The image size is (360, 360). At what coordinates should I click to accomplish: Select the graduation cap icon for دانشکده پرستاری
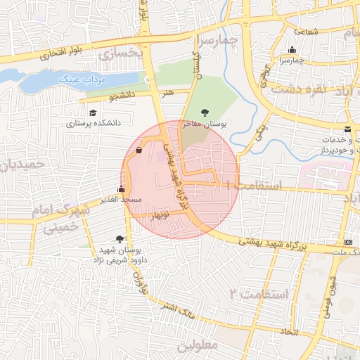tap(94, 112)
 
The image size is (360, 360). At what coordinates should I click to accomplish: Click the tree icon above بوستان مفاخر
tap(205, 112)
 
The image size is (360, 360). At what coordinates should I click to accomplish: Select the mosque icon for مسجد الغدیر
tap(121, 189)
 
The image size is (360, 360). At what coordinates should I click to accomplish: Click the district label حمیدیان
tap(22, 167)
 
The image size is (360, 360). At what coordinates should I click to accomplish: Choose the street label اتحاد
tap(290, 331)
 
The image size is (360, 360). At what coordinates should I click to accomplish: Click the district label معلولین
tap(198, 345)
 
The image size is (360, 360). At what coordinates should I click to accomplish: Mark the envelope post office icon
tap(348, 129)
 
